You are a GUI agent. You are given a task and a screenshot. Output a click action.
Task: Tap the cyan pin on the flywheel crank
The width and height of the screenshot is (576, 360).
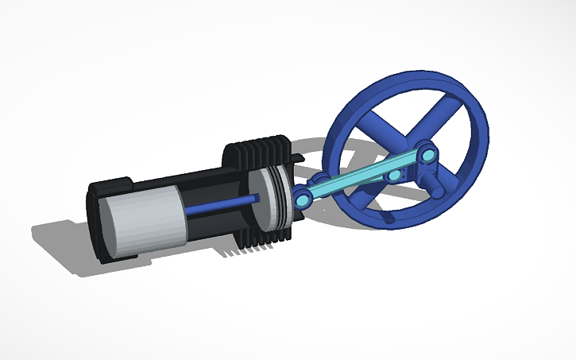(x=427, y=153)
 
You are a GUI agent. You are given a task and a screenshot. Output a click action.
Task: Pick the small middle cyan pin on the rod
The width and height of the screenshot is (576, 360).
(x=393, y=170)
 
